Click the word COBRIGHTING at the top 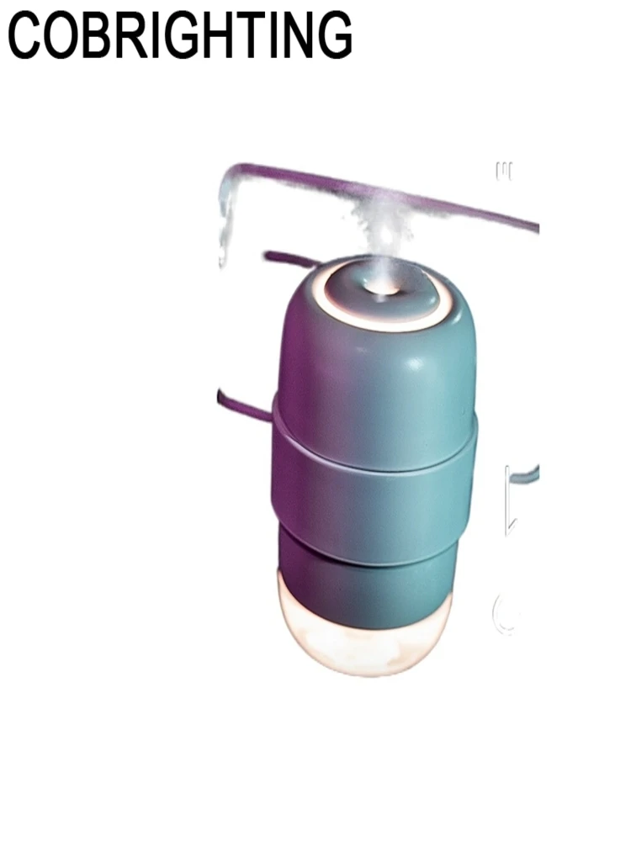pyautogui.click(x=180, y=35)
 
